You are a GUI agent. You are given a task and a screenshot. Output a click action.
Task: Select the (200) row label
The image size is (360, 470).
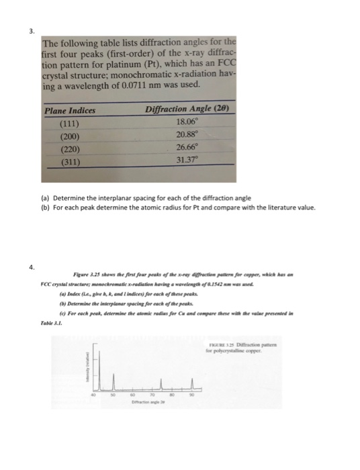coord(67,137)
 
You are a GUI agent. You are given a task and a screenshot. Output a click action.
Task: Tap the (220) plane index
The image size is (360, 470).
coord(67,150)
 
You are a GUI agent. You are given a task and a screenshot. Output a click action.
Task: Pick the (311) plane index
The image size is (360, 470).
coord(67,162)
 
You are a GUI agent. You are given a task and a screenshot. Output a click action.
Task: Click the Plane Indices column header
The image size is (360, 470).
coord(70,111)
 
